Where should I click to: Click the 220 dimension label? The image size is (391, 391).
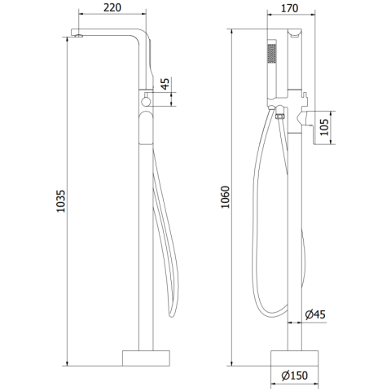[x=112, y=7]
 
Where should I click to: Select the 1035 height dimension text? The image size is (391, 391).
[x=61, y=201]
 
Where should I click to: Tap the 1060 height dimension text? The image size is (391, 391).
[x=226, y=197]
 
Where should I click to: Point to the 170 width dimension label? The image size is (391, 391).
[x=289, y=8]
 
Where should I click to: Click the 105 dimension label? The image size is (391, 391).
[x=324, y=127]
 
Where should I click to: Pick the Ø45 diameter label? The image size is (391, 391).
[x=315, y=314]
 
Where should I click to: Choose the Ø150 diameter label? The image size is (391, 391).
[x=295, y=376]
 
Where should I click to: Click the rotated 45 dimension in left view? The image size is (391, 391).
[x=165, y=84]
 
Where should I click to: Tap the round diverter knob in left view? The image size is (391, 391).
[x=146, y=102]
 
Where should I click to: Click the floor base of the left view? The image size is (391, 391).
[x=146, y=358]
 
